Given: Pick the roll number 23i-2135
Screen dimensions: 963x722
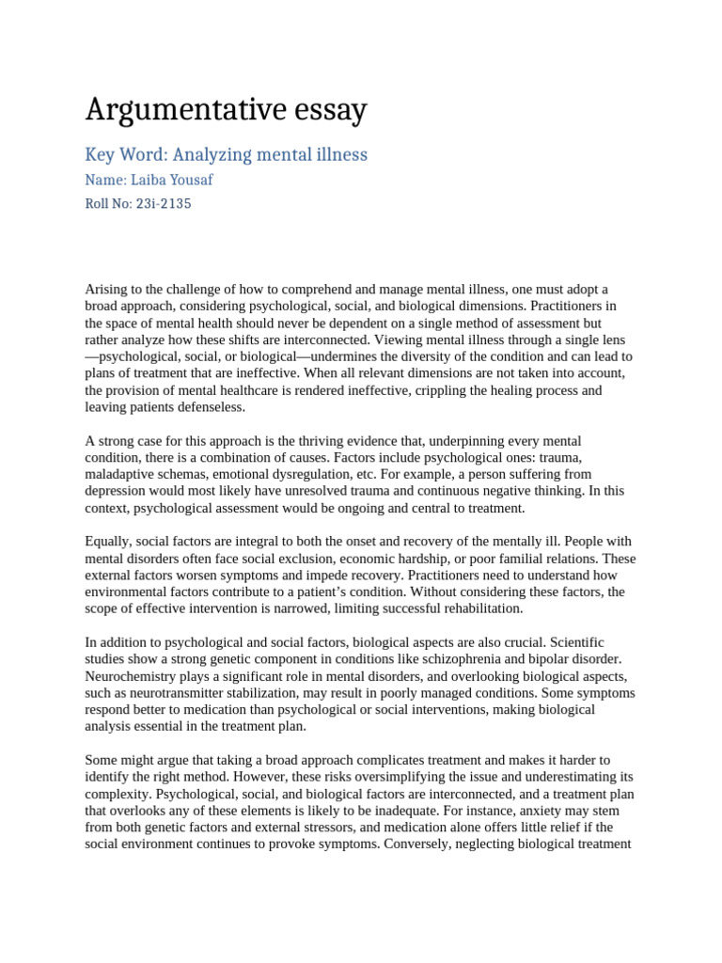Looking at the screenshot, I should [165, 203].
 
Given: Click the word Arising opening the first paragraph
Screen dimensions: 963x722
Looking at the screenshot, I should [107, 289].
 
